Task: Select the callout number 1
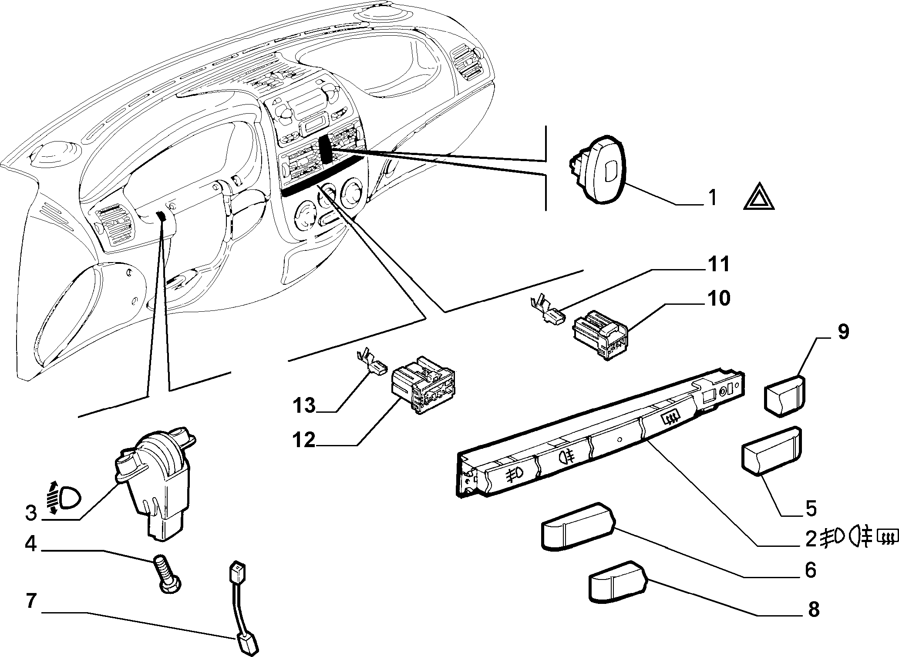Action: pos(712,198)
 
